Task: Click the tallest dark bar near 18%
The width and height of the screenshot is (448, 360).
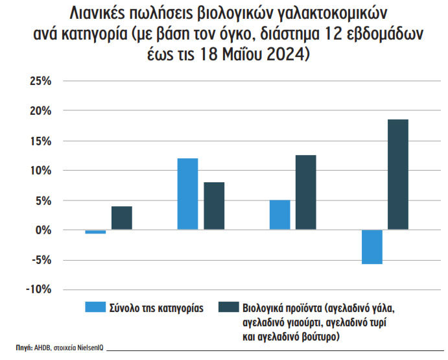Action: pos(397,174)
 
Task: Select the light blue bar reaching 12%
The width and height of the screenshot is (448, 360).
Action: pos(187,194)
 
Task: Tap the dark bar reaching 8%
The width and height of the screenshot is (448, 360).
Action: pos(213,206)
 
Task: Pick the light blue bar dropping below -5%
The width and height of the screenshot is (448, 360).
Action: pos(372,247)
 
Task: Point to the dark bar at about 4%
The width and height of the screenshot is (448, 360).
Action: pos(121,218)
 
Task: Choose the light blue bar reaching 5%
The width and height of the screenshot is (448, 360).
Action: pos(279,215)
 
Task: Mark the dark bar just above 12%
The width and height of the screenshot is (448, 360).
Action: pos(305,193)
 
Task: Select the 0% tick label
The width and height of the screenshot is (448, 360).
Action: pos(41,230)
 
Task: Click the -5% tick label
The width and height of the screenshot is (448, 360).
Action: pos(38,260)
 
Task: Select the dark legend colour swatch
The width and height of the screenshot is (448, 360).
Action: pos(227,306)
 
